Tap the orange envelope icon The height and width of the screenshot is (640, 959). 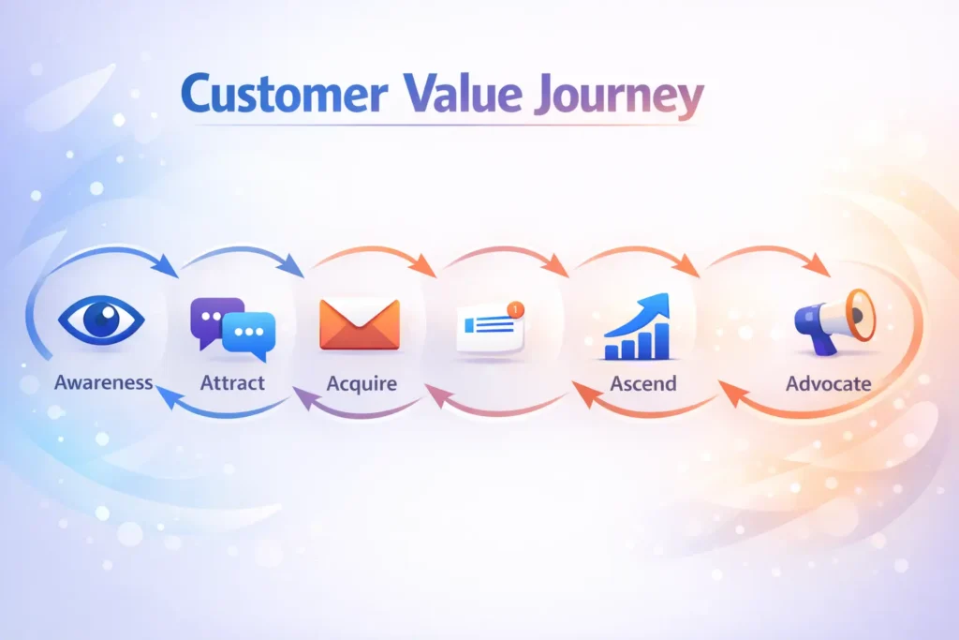click(x=360, y=324)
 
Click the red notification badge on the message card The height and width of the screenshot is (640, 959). click(x=515, y=307)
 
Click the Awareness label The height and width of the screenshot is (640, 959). click(x=104, y=382)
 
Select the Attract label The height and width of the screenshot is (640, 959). click(x=232, y=382)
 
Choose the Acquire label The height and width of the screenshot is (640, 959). click(x=361, y=383)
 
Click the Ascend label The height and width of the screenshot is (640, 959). click(x=643, y=383)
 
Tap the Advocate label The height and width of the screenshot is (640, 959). click(x=829, y=383)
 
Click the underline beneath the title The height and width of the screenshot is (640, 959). click(x=440, y=125)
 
